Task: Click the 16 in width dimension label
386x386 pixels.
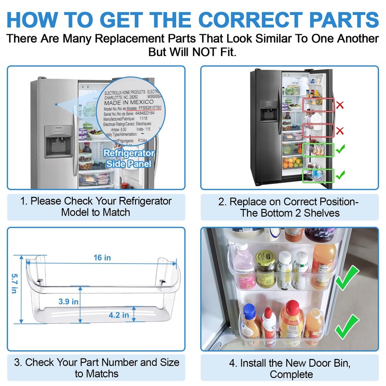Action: point(102,258)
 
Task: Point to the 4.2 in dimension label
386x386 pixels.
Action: point(119,315)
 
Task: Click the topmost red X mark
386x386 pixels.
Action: point(340,104)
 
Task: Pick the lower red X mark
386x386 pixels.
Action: point(340,130)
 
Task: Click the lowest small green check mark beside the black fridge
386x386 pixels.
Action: point(340,174)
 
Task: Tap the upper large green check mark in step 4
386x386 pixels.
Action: point(347,279)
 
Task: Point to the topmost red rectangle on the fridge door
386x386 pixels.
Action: point(318,105)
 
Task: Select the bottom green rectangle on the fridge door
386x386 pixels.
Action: point(318,175)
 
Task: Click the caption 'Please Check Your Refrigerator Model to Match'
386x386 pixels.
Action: point(96,207)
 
